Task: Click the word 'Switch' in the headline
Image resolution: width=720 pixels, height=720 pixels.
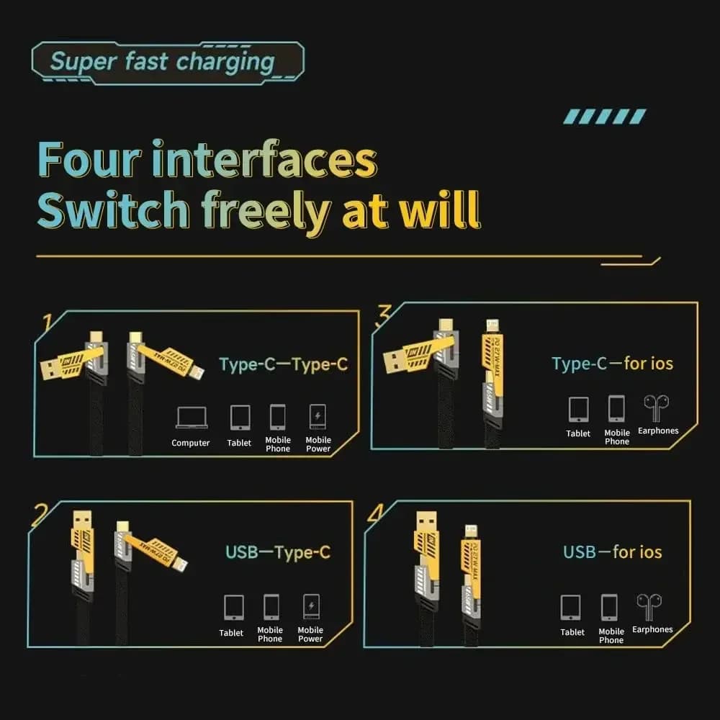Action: [112, 210]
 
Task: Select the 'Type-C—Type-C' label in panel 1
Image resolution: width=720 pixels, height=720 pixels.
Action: [283, 364]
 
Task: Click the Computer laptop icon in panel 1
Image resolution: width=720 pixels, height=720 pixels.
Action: [191, 418]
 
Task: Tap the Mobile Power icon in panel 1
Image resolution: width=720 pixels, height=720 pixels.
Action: [318, 417]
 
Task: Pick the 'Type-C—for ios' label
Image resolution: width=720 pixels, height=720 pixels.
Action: [612, 364]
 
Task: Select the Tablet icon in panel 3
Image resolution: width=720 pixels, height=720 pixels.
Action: [578, 409]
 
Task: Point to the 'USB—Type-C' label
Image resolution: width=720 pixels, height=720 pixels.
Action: [278, 553]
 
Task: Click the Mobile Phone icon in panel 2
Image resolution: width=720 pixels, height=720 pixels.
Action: [271, 606]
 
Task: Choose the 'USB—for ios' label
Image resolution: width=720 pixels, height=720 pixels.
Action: [612, 552]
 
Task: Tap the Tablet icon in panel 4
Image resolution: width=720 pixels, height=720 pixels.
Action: [572, 607]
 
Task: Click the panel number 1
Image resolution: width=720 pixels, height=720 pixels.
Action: [48, 323]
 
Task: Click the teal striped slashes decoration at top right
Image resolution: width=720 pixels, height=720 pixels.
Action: [605, 117]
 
